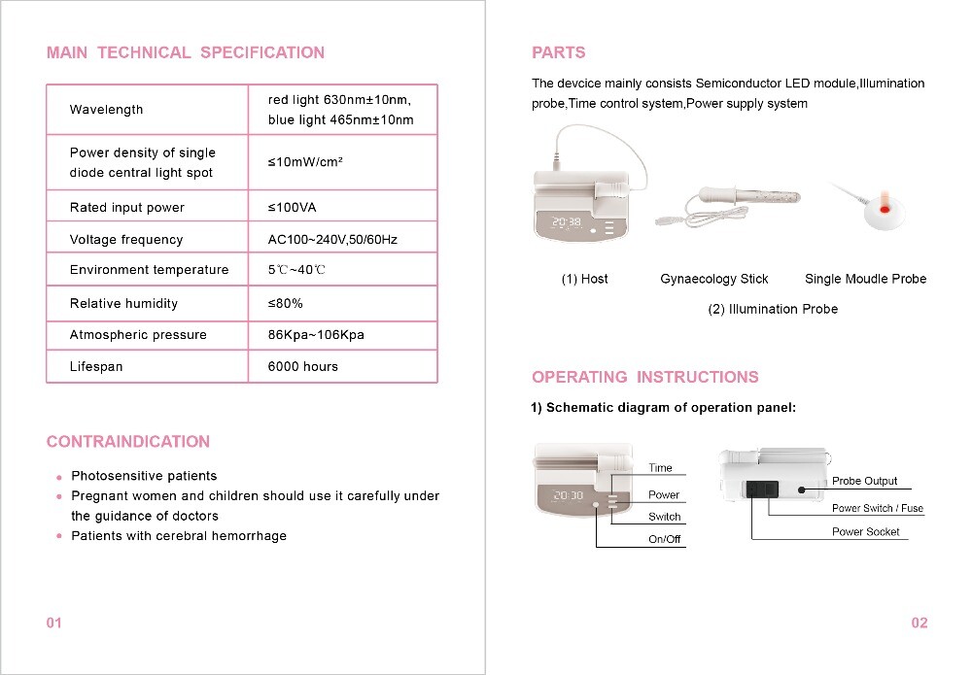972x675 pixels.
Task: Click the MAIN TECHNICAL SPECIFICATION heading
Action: (x=186, y=52)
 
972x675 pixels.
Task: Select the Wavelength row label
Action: (x=106, y=110)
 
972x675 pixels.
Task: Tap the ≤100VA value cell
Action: (x=292, y=208)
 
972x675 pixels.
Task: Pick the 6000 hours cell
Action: (x=302, y=367)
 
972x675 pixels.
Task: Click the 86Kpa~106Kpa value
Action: (x=316, y=335)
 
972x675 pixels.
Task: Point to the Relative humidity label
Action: (x=123, y=304)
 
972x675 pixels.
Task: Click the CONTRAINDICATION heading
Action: (x=128, y=442)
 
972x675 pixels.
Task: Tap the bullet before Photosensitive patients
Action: (x=59, y=478)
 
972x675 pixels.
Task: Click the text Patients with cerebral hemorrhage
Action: (x=179, y=536)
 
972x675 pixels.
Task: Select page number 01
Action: (x=54, y=623)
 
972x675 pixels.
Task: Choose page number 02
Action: (x=920, y=623)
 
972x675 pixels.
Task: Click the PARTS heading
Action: (x=559, y=52)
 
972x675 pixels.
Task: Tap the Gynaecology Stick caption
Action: (x=713, y=280)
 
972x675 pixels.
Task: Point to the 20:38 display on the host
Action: (x=567, y=222)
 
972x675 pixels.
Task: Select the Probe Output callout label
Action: (x=864, y=482)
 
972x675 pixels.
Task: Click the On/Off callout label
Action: (x=665, y=540)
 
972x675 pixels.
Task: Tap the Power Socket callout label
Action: (x=865, y=532)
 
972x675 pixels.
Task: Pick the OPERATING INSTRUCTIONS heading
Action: (x=644, y=377)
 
